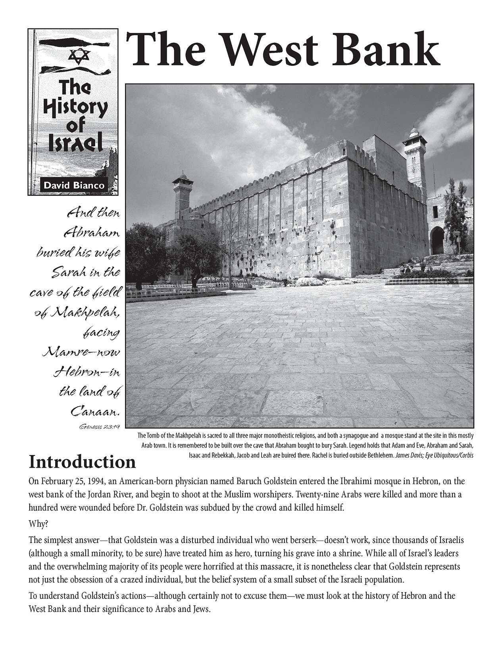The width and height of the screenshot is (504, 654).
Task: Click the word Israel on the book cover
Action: (x=75, y=145)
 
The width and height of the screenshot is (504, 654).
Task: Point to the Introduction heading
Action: (x=82, y=462)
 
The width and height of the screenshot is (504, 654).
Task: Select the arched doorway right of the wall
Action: (x=437, y=241)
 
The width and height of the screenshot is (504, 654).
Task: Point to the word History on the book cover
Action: (x=75, y=107)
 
